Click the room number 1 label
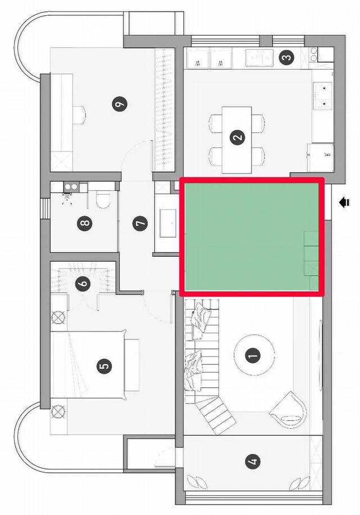coord(253,355)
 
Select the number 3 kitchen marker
coord(286,57)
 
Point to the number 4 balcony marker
coord(253,461)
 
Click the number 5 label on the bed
coord(105,366)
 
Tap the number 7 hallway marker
coord(140,223)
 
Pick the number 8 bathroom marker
coord(84,223)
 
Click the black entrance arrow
coord(345,203)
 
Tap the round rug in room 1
coord(254,355)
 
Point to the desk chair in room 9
coord(80,115)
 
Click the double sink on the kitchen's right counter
coord(323,96)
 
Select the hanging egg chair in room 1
coord(289,407)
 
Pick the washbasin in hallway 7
coord(168,223)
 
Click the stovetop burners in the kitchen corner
coord(314,54)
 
